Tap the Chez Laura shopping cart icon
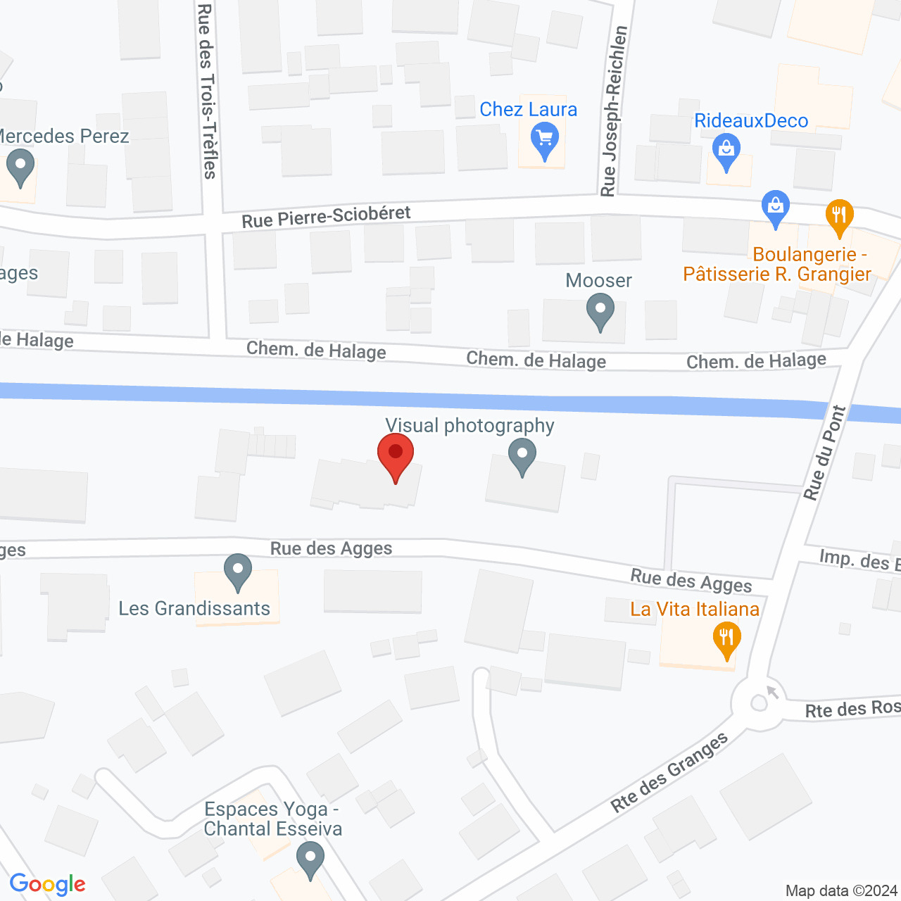pos(545,139)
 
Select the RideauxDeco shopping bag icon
pos(726,150)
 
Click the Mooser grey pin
pos(600,310)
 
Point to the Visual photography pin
pos(522,455)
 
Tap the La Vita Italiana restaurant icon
pos(726,639)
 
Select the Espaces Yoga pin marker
pos(310,859)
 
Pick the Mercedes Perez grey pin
pos(20,168)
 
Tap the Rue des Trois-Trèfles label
pos(207,91)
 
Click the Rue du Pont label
pos(825,453)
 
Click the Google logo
pos(47,884)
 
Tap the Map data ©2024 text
pos(841,890)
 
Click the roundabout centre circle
pos(759,702)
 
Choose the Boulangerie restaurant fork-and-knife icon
pos(838,215)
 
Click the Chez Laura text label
pos(528,110)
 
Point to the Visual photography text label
pos(470,425)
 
